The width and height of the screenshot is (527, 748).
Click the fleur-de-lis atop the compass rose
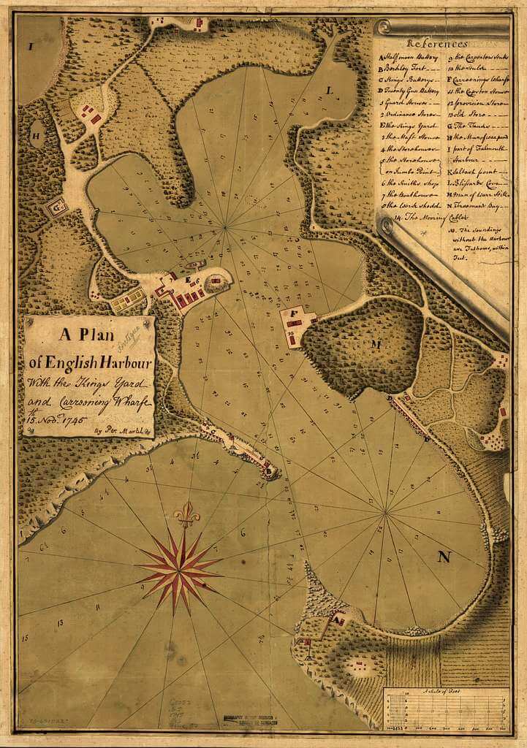click(x=186, y=514)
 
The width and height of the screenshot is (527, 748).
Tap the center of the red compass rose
click(x=178, y=563)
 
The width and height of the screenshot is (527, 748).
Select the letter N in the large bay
click(x=443, y=557)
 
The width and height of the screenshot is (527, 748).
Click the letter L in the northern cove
click(x=330, y=91)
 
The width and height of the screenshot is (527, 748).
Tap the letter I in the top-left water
click(x=31, y=46)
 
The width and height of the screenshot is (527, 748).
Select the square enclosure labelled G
click(x=56, y=210)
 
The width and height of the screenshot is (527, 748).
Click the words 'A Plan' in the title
click(x=89, y=336)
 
